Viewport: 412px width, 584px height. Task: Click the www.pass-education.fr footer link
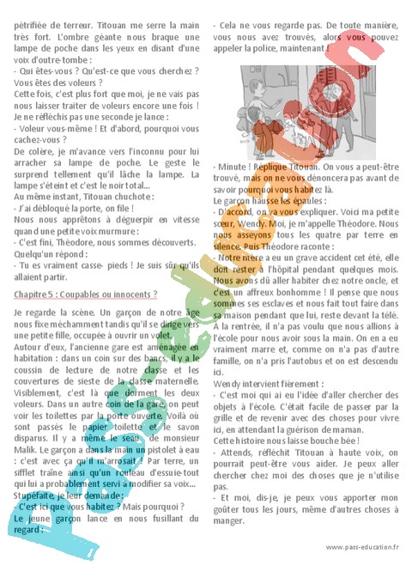pos(361,546)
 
